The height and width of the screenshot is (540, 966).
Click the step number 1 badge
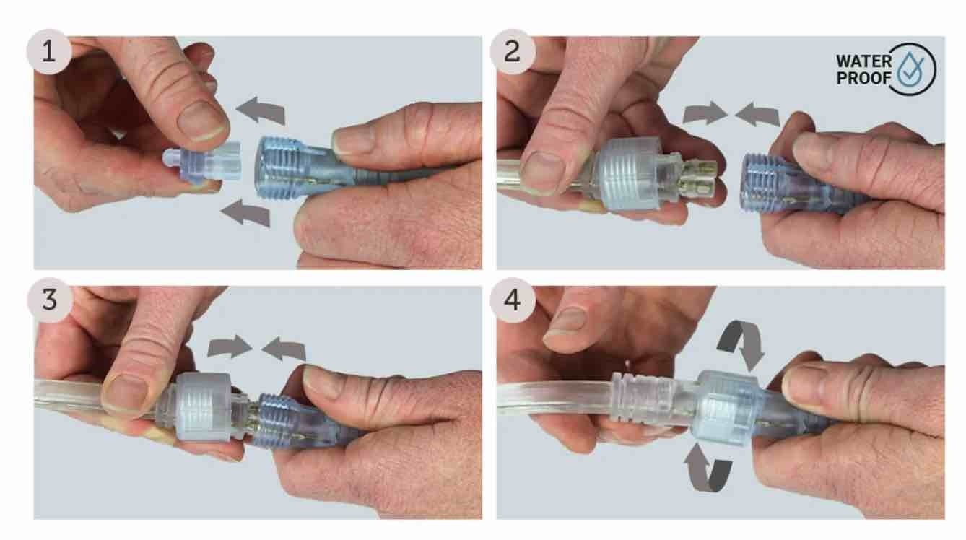(x=49, y=52)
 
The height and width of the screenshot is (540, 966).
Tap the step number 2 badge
(x=513, y=52)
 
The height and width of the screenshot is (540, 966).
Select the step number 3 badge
(x=50, y=300)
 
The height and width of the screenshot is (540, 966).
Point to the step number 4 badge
(x=513, y=300)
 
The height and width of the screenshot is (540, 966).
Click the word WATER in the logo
(x=864, y=61)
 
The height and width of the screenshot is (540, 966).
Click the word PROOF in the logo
(x=864, y=79)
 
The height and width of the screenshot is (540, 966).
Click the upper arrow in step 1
(x=261, y=110)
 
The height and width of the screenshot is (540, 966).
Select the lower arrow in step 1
(x=245, y=213)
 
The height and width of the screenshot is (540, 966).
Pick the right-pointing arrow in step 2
(x=705, y=113)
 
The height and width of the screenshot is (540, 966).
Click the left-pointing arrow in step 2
(x=757, y=114)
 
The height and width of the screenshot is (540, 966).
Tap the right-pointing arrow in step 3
(x=230, y=347)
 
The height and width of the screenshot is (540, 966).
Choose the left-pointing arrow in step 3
(x=284, y=349)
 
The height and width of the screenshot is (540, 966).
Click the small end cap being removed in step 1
(x=201, y=163)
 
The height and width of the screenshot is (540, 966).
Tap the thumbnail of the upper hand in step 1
(x=203, y=121)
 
